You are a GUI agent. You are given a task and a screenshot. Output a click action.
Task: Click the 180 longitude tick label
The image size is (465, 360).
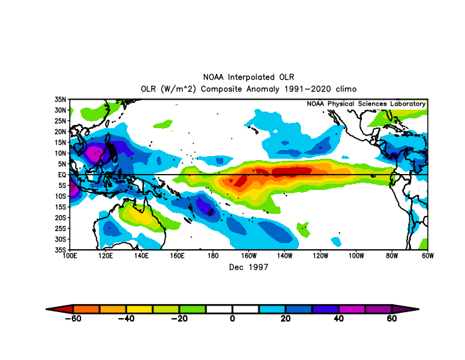pyautogui.click(x=213, y=256)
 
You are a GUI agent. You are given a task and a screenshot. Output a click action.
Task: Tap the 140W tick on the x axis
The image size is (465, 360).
pyautogui.click(x=284, y=256)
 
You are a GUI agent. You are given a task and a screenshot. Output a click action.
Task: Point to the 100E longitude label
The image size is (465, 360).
pyautogui.click(x=70, y=256)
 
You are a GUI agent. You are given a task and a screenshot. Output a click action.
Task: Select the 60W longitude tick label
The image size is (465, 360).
pyautogui.click(x=428, y=256)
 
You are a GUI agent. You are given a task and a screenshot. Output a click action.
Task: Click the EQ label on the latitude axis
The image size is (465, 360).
pyautogui.click(x=62, y=175)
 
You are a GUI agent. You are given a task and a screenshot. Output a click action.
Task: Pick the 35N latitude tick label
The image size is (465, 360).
pyautogui.click(x=60, y=100)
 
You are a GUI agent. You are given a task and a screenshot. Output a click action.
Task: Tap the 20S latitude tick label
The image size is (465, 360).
pyautogui.click(x=60, y=218)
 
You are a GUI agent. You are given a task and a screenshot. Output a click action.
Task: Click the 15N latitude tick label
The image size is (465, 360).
pyautogui.click(x=60, y=142)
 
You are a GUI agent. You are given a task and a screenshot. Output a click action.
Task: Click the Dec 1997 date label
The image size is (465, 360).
pyautogui.click(x=248, y=267)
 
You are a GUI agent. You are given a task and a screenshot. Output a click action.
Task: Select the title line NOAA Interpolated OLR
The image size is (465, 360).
pyautogui.click(x=248, y=77)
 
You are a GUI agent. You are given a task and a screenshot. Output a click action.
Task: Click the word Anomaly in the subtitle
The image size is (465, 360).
pyautogui.click(x=263, y=89)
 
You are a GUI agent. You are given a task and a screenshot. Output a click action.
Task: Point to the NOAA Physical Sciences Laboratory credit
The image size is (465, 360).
pyautogui.click(x=366, y=104)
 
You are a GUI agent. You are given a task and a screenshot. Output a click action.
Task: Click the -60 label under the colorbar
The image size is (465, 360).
pyautogui.click(x=73, y=318)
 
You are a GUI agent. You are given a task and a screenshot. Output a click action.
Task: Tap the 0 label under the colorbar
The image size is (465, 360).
pyautogui.click(x=232, y=318)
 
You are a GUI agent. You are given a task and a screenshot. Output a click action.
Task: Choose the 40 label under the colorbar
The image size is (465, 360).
pyautogui.click(x=339, y=318)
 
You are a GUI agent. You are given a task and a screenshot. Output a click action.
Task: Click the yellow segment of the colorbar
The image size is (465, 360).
pyautogui.click(x=139, y=309)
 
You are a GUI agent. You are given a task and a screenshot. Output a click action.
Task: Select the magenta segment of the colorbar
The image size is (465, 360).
pyautogui.click(x=352, y=309)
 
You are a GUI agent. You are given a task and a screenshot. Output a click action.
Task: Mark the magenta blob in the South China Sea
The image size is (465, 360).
pyautogui.click(x=95, y=153)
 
